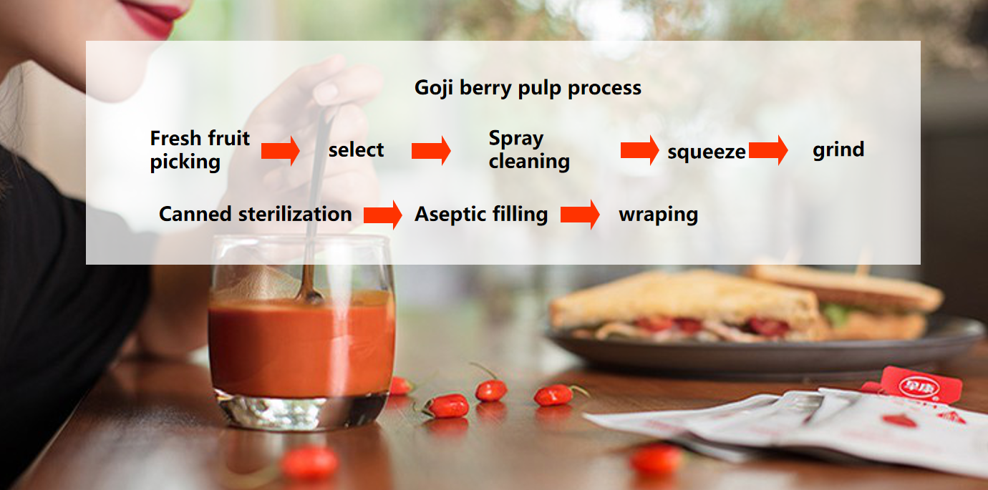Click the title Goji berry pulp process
click(528, 88)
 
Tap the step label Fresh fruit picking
click(200, 150)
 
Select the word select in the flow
click(356, 150)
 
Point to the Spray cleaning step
click(529, 150)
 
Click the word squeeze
click(706, 152)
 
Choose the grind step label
click(838, 150)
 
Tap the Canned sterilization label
click(256, 214)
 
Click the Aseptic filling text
click(481, 215)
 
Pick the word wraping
click(658, 215)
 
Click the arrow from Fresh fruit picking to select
click(281, 151)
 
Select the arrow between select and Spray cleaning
click(431, 151)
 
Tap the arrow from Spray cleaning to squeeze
click(639, 150)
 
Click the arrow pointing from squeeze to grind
click(768, 150)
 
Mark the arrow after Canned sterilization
click(383, 215)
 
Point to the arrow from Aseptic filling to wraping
click(580, 215)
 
